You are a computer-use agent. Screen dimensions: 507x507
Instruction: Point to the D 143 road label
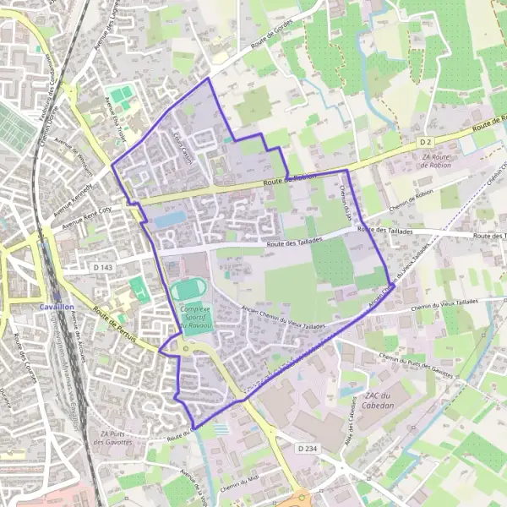pos(100,267)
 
